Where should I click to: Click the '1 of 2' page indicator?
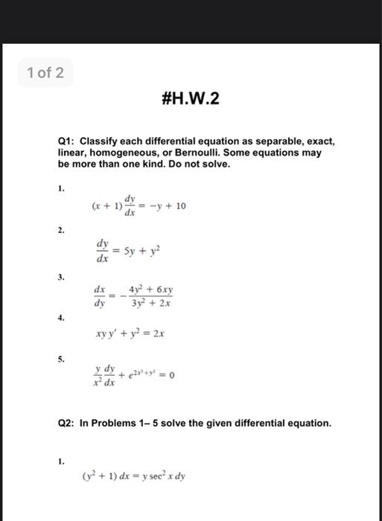(x=45, y=73)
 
